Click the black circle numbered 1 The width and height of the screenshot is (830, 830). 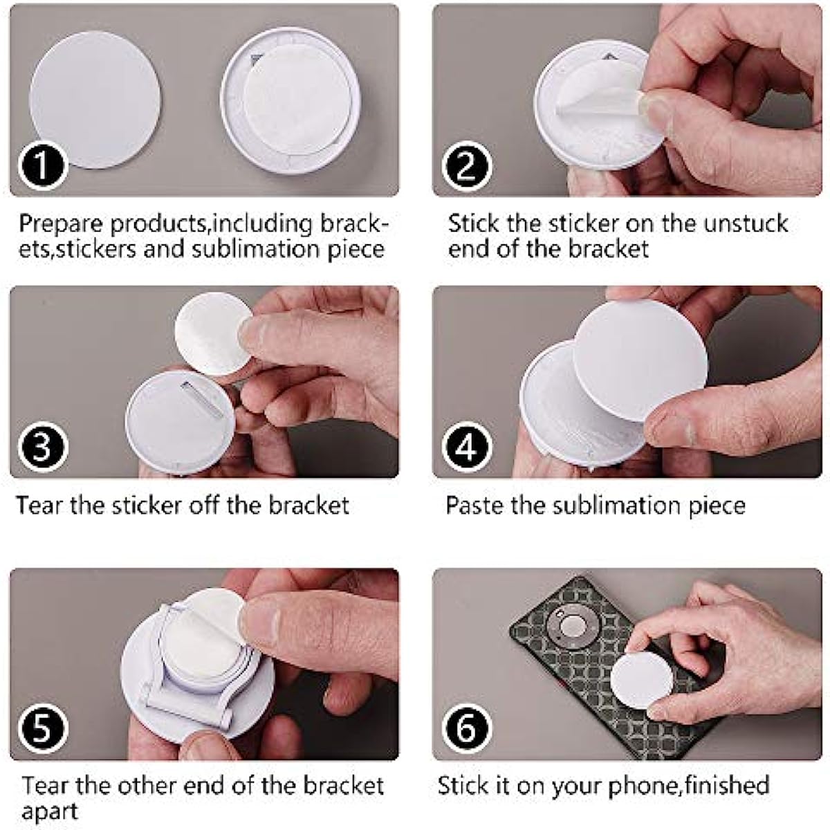(x=41, y=165)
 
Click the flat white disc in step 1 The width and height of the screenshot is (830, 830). (x=95, y=100)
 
